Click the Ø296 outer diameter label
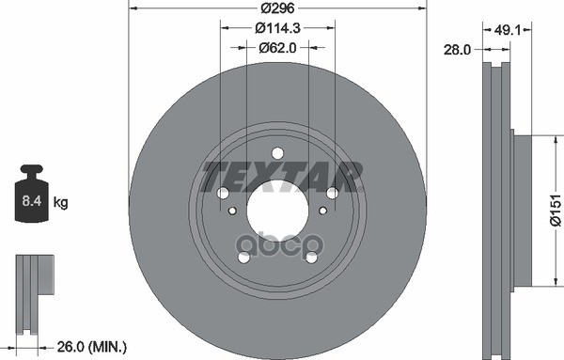coord(276,8)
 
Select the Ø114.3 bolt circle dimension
coord(276,28)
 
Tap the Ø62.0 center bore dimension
coord(276,45)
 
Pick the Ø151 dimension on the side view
coord(555,209)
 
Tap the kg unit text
coord(61,202)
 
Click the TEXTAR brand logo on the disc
coord(282,174)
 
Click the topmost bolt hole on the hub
coord(276,153)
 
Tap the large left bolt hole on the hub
coord(223,194)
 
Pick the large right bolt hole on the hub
coord(332,194)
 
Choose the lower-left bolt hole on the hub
coord(243,257)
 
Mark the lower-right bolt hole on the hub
coord(310,257)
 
